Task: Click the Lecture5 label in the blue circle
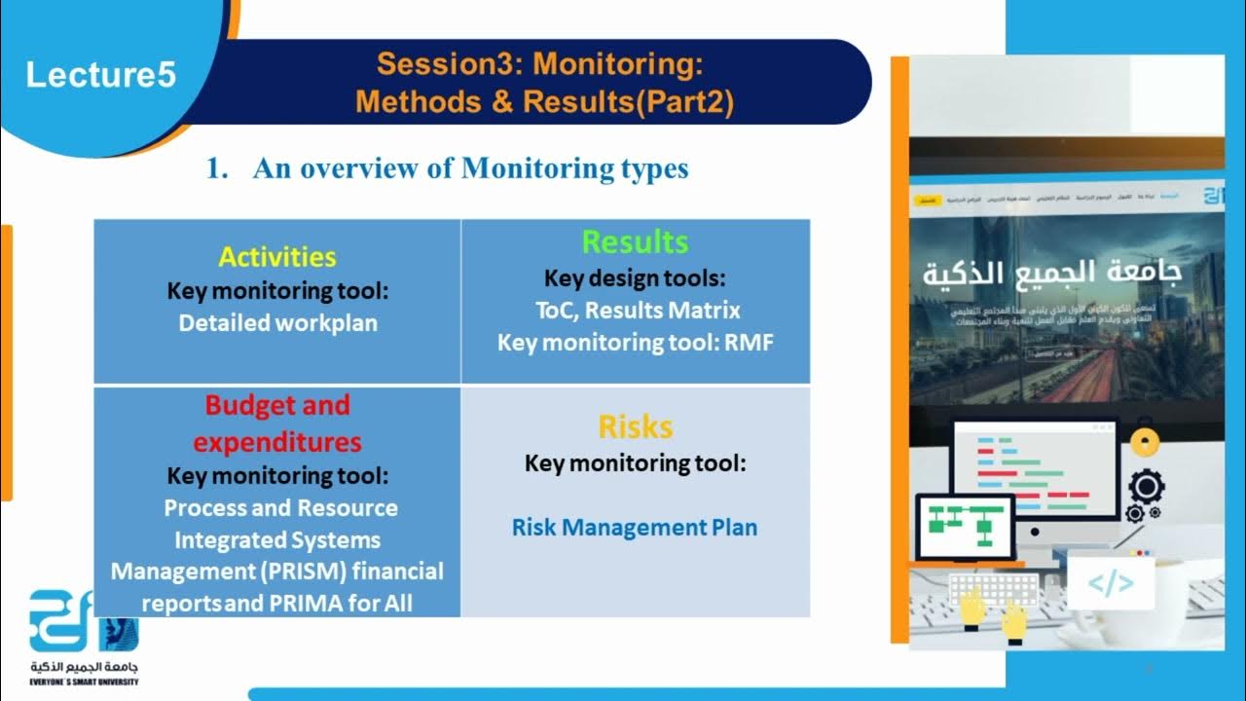(x=100, y=75)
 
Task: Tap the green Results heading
(x=635, y=241)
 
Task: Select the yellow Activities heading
(x=277, y=257)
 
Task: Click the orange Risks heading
(x=635, y=426)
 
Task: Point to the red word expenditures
(x=277, y=442)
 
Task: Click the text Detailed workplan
(x=277, y=323)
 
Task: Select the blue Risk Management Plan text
(x=635, y=528)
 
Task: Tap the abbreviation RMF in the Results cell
(x=749, y=343)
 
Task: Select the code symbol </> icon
(x=1111, y=583)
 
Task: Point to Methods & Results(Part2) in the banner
(x=544, y=101)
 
